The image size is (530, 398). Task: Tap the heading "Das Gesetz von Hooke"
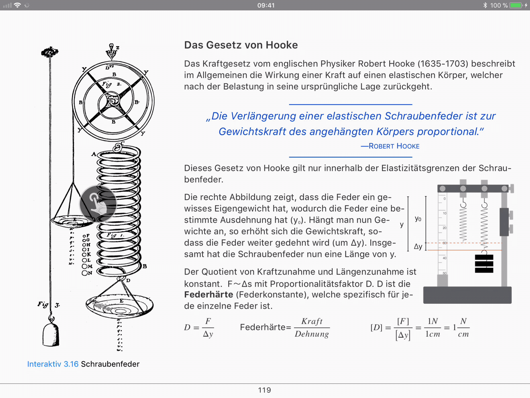[241, 45]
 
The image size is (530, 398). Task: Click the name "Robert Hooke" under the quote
[394, 146]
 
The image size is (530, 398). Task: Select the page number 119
[264, 390]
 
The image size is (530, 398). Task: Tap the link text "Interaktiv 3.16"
[53, 364]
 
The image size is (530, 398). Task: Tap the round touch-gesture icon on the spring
[98, 204]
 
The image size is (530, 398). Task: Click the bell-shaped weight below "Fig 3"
[51, 335]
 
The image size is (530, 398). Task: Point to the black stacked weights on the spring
[484, 264]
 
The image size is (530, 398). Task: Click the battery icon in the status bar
[516, 5]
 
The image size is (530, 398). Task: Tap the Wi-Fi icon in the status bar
[17, 5]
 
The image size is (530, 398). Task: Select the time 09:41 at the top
[266, 5]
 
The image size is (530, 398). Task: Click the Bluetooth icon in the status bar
[485, 5]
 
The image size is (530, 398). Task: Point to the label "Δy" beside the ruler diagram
[418, 246]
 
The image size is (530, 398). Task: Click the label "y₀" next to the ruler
[418, 219]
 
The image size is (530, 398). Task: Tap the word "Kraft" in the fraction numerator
[312, 321]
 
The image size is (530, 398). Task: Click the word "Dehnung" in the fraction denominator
[312, 334]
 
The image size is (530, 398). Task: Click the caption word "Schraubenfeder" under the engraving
[110, 364]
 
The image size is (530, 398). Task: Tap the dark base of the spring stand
[467, 295]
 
